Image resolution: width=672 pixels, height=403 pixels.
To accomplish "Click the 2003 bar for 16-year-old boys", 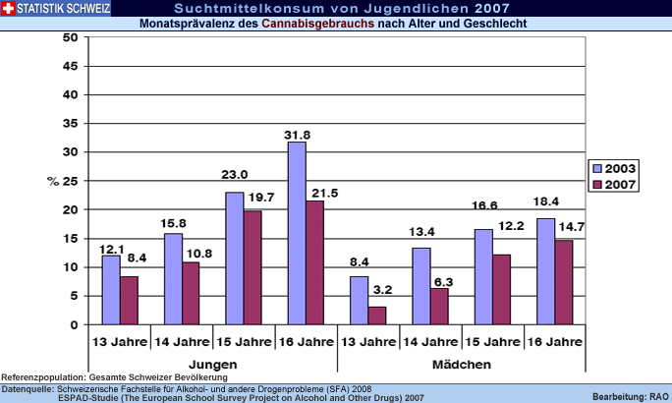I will pyautogui.click(x=297, y=233).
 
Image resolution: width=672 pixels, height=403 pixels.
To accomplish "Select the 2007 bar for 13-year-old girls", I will pyautogui.click(x=377, y=316).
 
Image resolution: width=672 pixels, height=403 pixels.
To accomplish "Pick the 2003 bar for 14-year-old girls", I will pyautogui.click(x=421, y=286).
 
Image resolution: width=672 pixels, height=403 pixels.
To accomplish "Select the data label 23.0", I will pyautogui.click(x=235, y=174).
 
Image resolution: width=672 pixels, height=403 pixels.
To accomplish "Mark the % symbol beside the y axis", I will pyautogui.click(x=53, y=181).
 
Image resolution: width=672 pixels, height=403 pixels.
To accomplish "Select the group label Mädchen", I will pyautogui.click(x=462, y=364).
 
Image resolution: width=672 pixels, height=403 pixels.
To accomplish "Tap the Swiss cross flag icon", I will pyautogui.click(x=9, y=9).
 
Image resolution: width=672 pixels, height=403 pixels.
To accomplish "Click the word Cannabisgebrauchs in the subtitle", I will pyautogui.click(x=318, y=23).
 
